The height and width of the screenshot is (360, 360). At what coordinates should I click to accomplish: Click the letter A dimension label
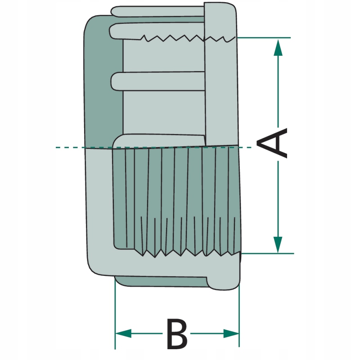click(272, 143)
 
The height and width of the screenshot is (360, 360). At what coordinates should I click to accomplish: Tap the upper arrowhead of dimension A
click(278, 48)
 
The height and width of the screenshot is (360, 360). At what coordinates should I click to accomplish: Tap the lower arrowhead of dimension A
click(278, 245)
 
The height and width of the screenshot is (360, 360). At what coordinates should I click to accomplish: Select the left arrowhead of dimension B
click(123, 333)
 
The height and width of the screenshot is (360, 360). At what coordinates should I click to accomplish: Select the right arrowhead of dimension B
click(231, 333)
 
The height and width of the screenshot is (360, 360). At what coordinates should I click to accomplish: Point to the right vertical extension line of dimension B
click(239, 316)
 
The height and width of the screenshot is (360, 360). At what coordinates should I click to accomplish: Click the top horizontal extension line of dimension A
click(264, 37)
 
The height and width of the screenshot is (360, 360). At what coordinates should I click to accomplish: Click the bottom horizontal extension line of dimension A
click(267, 253)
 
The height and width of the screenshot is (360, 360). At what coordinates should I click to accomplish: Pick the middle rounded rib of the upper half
click(158, 81)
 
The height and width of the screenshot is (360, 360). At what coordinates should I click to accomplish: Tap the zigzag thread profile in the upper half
click(188, 38)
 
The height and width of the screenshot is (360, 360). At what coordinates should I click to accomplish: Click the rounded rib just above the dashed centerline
click(159, 140)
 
